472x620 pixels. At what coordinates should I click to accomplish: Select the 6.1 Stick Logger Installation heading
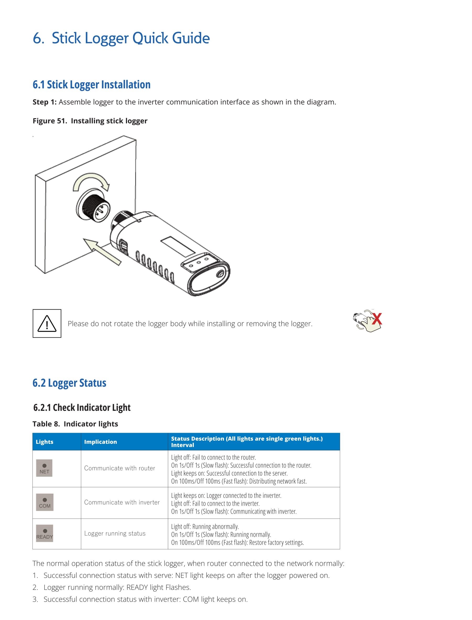click(92, 85)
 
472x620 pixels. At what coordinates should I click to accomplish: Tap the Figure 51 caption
click(90, 121)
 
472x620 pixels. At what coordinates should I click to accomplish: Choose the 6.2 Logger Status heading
click(69, 383)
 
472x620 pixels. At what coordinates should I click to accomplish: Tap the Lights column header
click(44, 442)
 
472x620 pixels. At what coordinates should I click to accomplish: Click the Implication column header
click(101, 442)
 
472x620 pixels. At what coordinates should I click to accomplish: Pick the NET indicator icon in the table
click(44, 468)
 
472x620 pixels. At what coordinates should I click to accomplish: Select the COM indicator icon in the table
click(45, 502)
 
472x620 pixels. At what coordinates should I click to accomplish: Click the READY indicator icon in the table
click(45, 533)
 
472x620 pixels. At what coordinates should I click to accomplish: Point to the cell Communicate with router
click(120, 468)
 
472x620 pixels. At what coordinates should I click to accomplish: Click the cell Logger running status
click(115, 534)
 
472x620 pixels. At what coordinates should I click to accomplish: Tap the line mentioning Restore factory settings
click(237, 542)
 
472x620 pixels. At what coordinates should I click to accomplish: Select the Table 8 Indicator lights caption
click(75, 424)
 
